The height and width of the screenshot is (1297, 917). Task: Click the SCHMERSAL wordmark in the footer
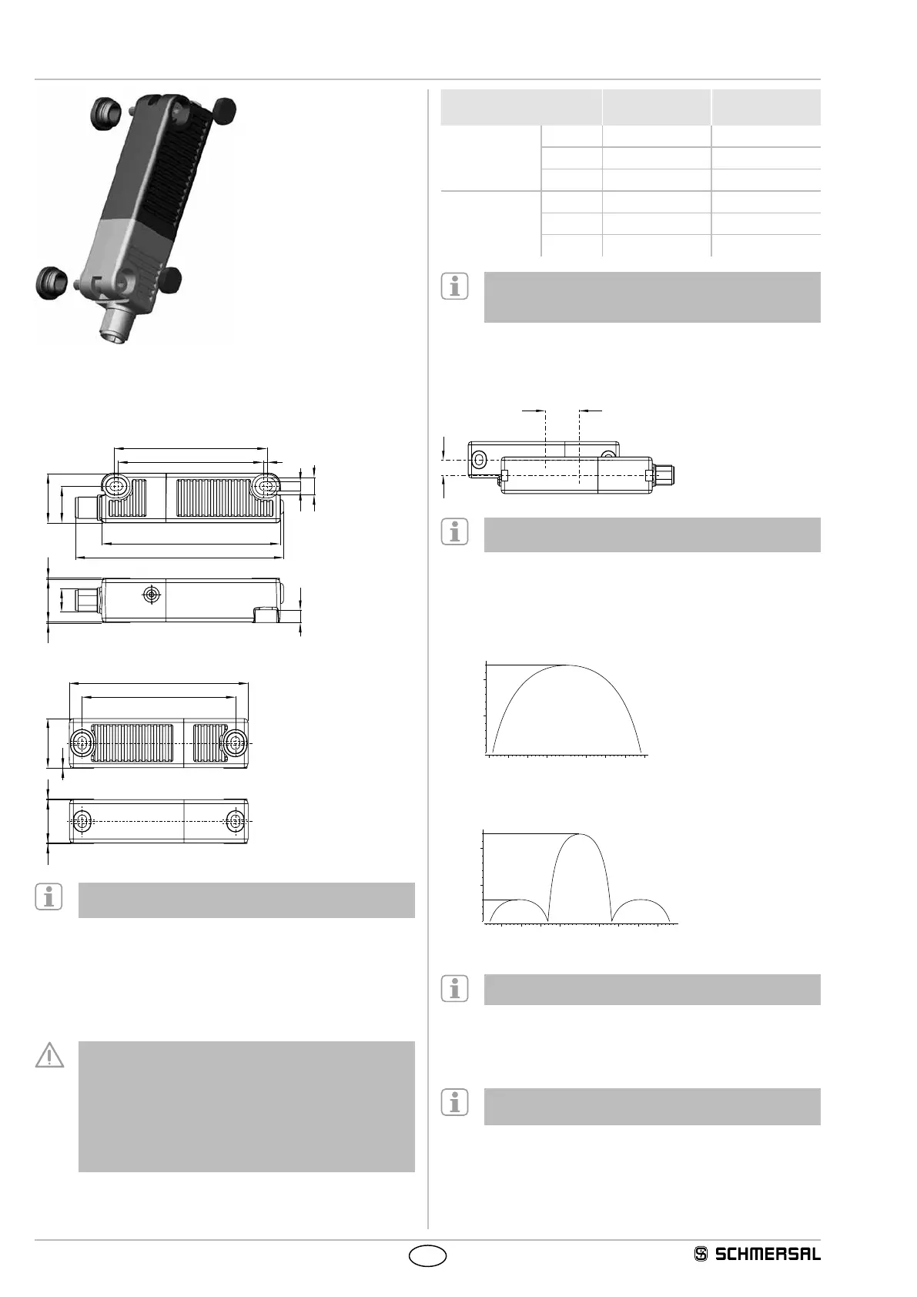click(x=768, y=1254)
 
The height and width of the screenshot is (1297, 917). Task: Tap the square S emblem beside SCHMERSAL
click(x=701, y=1254)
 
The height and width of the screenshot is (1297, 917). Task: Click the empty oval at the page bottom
click(x=427, y=1255)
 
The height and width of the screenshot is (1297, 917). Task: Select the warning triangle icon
click(x=49, y=1055)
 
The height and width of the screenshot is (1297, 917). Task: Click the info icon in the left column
click(x=49, y=898)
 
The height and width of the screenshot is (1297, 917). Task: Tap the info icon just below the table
click(x=454, y=287)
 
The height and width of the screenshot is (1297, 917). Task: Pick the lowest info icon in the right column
click(x=454, y=1103)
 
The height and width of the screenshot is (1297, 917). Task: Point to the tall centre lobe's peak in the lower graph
click(x=580, y=835)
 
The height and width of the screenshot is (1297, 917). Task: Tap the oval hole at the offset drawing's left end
click(x=479, y=460)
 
